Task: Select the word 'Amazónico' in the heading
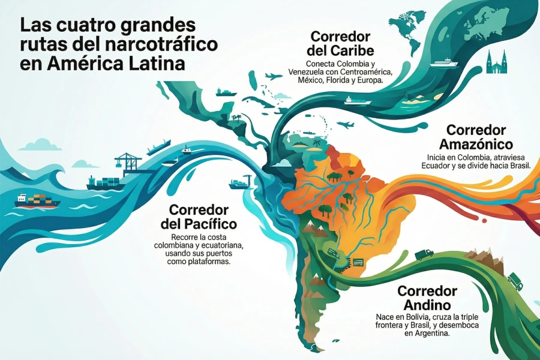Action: point(475,144)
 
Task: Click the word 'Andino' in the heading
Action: point(427,305)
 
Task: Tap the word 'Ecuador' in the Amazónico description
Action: point(442,166)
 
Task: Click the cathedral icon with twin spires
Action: point(497,62)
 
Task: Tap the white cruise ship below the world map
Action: point(443,62)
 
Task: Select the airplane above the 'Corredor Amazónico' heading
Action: point(346,125)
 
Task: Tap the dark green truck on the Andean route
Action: point(424,253)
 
